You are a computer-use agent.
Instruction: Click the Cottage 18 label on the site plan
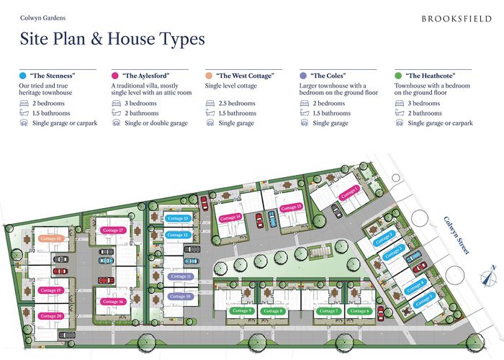[51, 238]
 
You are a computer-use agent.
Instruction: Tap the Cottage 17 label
[113, 230]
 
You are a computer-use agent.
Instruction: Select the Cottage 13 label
[177, 218]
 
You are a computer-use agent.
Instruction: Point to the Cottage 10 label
[180, 296]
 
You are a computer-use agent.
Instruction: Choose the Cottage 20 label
[51, 316]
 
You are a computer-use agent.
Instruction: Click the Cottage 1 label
[350, 191]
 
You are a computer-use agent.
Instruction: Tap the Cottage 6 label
[359, 310]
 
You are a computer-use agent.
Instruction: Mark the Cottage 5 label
[425, 297]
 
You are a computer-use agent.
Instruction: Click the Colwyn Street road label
[456, 235]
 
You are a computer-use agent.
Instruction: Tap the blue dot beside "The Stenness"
[23, 75]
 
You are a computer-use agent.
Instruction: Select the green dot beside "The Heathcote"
[398, 75]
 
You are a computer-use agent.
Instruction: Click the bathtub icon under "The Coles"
[304, 114]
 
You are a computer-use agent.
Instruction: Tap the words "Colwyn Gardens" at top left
[40, 16]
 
